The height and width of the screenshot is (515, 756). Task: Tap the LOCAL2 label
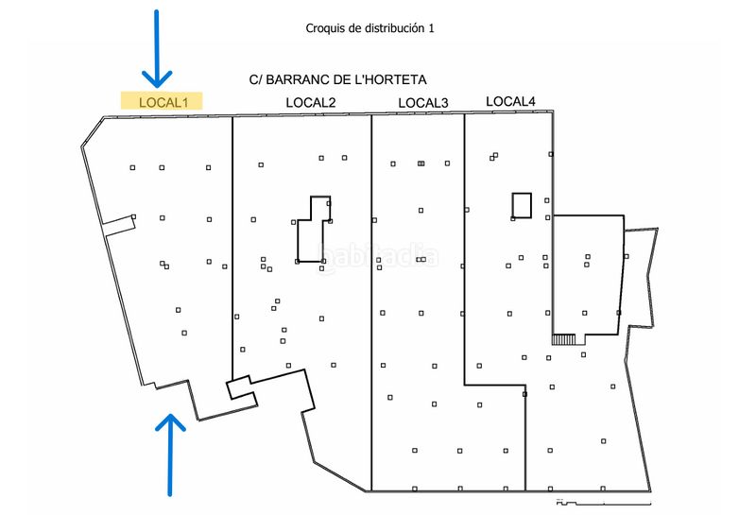(311, 102)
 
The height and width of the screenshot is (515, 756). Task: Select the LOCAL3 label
(423, 103)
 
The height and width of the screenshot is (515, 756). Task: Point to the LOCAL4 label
(510, 101)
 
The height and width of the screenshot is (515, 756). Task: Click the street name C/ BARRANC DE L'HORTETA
(338, 79)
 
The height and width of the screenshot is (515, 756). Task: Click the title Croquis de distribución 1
(369, 28)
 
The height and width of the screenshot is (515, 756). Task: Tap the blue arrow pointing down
(157, 49)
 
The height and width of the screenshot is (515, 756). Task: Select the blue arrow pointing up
(170, 455)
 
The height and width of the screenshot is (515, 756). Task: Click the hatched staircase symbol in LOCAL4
(563, 339)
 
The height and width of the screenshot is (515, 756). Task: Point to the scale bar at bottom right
(604, 503)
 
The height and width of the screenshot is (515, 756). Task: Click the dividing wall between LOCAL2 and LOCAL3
(371, 302)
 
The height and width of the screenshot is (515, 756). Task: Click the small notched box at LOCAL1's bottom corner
(242, 387)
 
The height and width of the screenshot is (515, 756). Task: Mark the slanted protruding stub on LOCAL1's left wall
(119, 225)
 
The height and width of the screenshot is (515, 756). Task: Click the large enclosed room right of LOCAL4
(588, 275)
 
